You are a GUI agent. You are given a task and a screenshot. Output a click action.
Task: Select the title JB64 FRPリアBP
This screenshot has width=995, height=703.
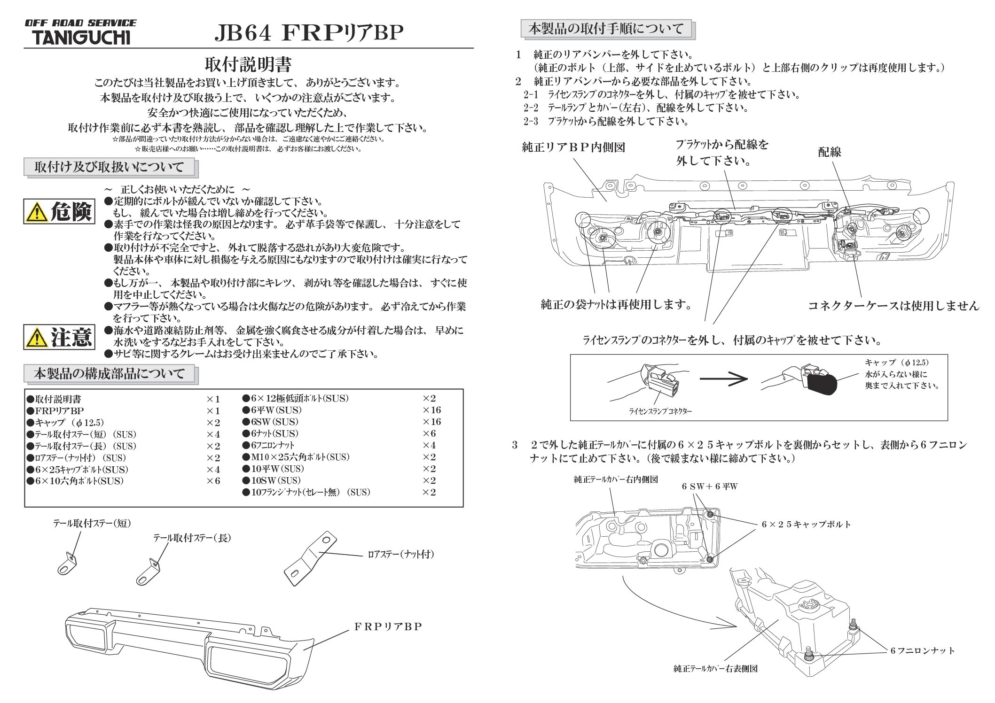309,33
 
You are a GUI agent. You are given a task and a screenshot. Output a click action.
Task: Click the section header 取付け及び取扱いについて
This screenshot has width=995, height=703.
109,167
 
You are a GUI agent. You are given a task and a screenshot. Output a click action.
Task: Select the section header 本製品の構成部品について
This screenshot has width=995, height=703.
109,374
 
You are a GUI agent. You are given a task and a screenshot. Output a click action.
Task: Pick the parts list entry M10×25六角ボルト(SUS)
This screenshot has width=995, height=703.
300,457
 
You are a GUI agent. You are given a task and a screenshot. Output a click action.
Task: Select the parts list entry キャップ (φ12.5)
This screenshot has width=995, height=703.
69,423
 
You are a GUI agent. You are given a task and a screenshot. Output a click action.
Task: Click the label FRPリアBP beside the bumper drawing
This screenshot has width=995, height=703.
388,626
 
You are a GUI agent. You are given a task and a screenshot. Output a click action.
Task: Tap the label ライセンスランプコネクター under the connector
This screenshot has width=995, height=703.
660,411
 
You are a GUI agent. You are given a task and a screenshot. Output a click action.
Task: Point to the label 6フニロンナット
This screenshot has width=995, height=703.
922,650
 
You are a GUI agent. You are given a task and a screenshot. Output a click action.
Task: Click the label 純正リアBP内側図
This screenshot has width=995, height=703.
573,147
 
